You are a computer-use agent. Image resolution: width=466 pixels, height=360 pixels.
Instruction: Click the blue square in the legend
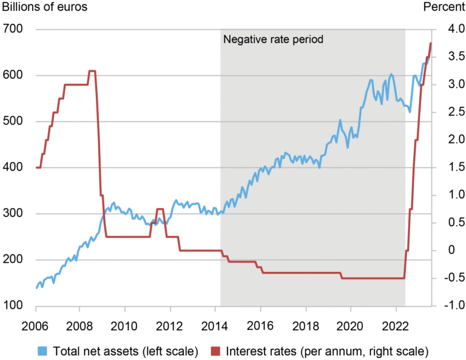tap(42, 350)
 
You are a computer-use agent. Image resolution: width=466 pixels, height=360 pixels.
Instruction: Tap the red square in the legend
tap(215, 350)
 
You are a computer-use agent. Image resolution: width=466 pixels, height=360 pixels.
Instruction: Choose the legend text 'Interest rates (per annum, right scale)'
tap(327, 350)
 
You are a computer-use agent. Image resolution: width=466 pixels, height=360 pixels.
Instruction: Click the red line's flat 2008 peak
tap(92, 71)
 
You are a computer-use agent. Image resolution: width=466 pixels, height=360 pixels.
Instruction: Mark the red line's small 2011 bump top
tap(160, 209)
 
